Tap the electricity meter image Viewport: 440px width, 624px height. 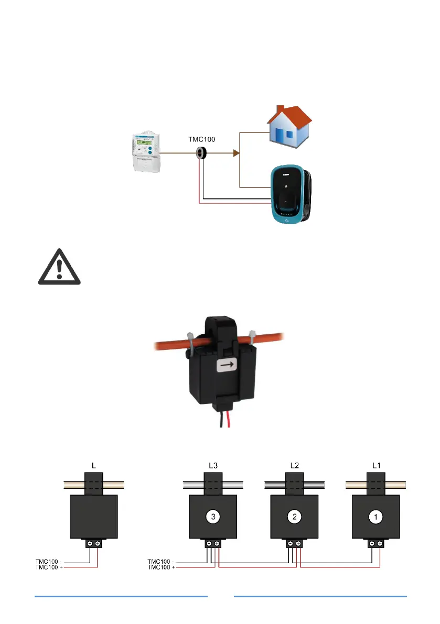coord(144,153)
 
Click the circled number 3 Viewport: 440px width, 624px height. coord(212,517)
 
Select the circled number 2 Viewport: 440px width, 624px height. coord(294,517)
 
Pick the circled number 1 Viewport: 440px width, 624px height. coord(375,517)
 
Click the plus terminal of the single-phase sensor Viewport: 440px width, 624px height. coord(98,544)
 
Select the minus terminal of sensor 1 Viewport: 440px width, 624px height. coord(371,544)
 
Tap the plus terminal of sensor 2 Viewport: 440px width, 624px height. coord(298,544)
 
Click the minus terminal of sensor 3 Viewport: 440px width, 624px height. coord(209,544)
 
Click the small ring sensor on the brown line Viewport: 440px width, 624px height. coord(201,153)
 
